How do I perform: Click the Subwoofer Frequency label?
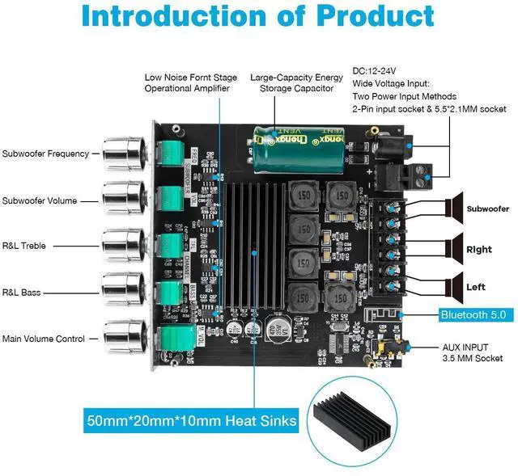[x=45, y=154]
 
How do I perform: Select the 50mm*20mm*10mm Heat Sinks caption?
[x=193, y=420]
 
